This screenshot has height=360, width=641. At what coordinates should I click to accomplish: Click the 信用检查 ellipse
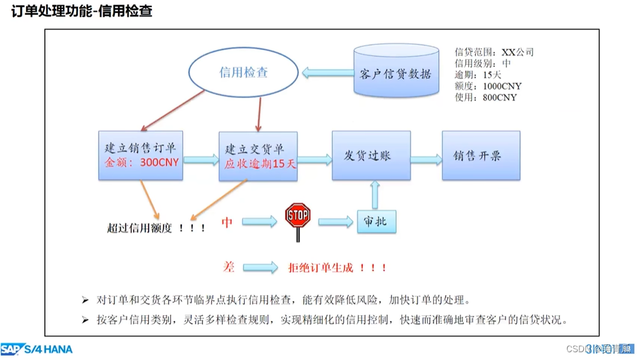(244, 73)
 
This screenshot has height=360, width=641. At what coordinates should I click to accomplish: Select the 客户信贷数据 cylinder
(396, 72)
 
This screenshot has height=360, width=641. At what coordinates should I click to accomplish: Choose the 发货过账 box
(371, 156)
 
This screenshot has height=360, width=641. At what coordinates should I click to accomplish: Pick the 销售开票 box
(481, 156)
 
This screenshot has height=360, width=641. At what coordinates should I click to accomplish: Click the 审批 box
(376, 222)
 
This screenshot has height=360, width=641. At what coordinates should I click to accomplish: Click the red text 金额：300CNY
(142, 162)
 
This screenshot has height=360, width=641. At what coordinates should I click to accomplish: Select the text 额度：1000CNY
(488, 86)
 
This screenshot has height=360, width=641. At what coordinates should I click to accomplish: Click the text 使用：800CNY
(485, 97)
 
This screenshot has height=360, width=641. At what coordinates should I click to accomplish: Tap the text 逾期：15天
(477, 75)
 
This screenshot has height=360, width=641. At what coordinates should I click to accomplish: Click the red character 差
(228, 266)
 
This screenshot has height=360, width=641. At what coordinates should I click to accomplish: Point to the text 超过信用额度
(140, 228)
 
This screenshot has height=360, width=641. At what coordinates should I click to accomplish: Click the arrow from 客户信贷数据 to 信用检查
(327, 73)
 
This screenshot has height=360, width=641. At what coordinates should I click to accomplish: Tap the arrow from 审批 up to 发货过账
(375, 194)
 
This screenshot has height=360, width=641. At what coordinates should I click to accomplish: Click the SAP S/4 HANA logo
(36, 350)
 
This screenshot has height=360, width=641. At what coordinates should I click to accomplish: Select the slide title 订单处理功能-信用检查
(82, 11)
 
